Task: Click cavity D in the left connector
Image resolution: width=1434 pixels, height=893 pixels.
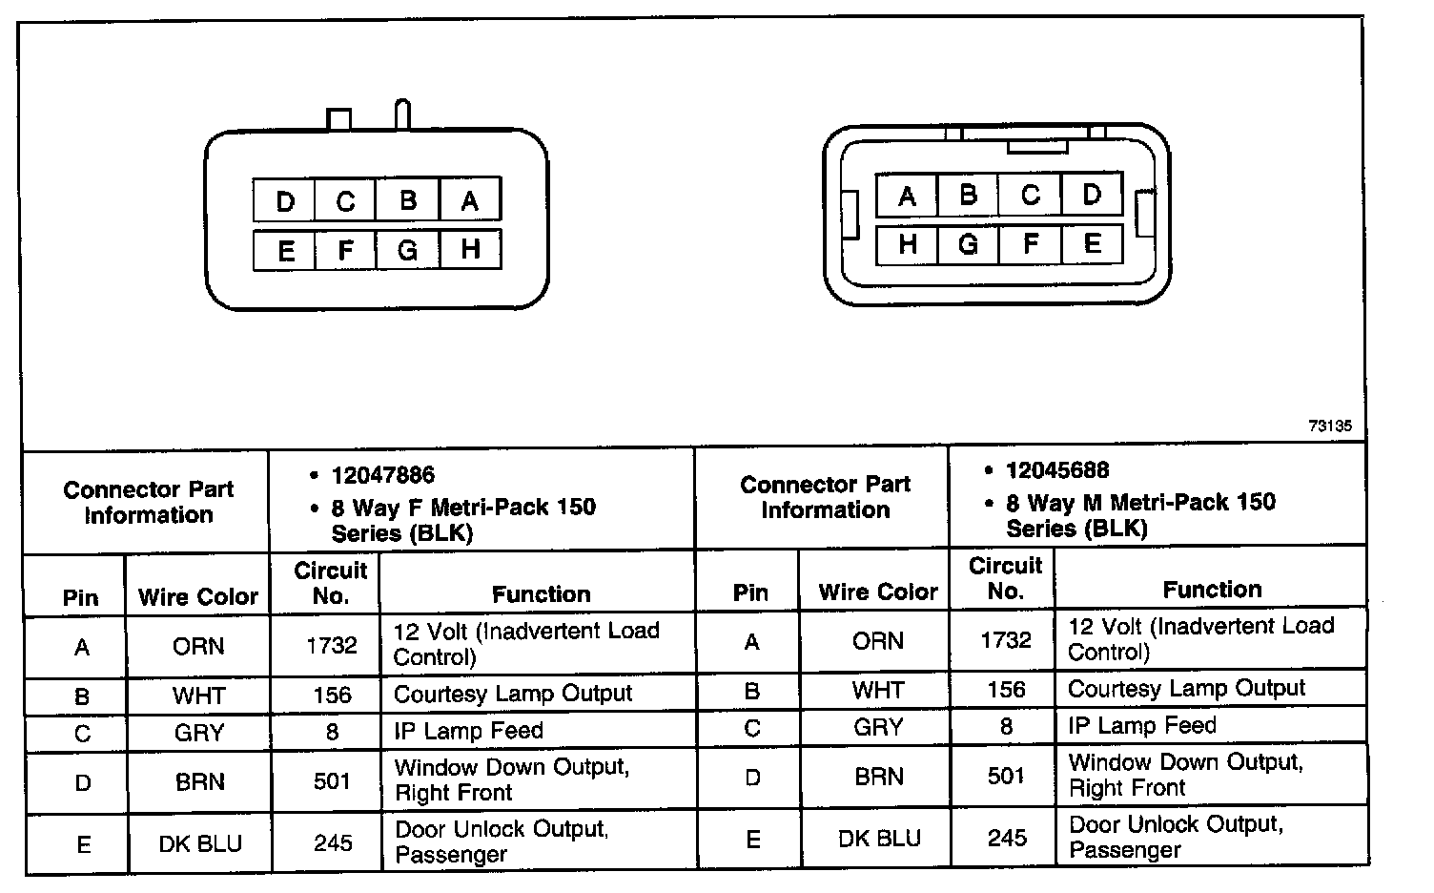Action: (284, 201)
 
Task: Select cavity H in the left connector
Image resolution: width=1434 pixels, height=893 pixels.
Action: (469, 250)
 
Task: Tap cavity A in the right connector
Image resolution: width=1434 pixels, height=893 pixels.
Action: (907, 196)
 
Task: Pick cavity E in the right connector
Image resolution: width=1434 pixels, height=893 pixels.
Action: (1092, 243)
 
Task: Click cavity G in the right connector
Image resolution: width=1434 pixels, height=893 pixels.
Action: (968, 244)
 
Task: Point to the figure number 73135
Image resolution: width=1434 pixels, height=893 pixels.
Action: (1329, 426)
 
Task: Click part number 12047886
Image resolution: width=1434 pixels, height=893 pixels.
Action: (382, 475)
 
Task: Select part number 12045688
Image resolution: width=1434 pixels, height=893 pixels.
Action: (1057, 470)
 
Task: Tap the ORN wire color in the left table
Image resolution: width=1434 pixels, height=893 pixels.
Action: (198, 646)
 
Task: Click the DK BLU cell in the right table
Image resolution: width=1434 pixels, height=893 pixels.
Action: (879, 839)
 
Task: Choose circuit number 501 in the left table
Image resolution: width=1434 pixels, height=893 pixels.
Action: (332, 781)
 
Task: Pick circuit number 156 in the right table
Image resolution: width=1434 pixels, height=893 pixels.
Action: (1006, 690)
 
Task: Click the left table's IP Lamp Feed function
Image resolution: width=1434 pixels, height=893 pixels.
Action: (468, 731)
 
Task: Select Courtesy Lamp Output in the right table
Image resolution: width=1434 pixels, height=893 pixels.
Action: (1186, 689)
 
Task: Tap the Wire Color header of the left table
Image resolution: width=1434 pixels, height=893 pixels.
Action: (198, 597)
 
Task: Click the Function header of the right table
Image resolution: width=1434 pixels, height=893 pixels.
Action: (1212, 590)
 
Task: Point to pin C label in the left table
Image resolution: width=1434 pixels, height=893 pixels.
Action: (82, 734)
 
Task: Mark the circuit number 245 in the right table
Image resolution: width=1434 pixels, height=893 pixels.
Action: (1006, 839)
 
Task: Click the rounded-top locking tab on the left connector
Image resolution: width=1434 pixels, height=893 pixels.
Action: (402, 114)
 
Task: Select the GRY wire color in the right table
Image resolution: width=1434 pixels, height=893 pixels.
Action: (878, 727)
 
